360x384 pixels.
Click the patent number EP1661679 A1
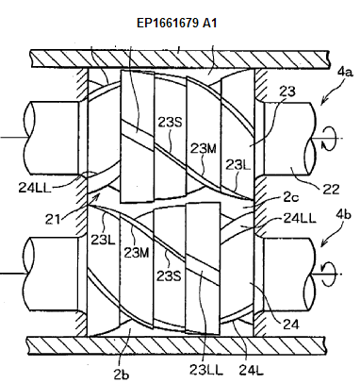176,23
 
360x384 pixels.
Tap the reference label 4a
345,72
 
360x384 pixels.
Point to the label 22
332,190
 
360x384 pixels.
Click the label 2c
291,197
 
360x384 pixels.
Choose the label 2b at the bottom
122,375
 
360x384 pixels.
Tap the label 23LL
205,370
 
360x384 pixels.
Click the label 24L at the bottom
251,371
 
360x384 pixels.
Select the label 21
52,219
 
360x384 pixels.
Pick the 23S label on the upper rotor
170,123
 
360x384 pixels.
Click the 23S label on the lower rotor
169,275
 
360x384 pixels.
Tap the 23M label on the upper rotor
204,148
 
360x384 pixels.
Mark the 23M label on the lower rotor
137,252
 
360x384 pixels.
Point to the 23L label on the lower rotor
103,240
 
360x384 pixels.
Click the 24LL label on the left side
35,188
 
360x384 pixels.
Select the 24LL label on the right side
300,218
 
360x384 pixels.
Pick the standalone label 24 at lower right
291,325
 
